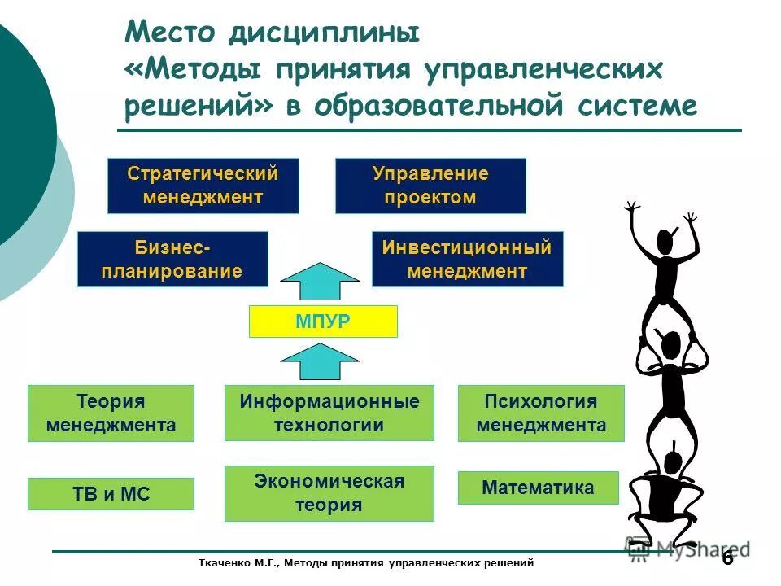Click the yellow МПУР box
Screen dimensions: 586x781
(x=322, y=321)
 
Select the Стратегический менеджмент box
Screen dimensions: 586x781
(x=203, y=186)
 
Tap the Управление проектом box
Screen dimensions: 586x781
(x=430, y=186)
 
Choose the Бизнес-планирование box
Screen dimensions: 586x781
(x=172, y=259)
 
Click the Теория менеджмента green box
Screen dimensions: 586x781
(x=111, y=413)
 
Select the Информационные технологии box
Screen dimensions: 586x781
(x=329, y=413)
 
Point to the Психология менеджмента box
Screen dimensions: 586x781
(x=541, y=413)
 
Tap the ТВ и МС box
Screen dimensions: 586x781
(x=111, y=494)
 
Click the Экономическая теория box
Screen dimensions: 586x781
(x=329, y=493)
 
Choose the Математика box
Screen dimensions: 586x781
(x=538, y=488)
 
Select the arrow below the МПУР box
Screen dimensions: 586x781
(x=324, y=361)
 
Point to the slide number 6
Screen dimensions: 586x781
(x=726, y=558)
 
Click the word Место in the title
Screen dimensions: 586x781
(x=169, y=34)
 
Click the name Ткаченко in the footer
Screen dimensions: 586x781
(x=228, y=562)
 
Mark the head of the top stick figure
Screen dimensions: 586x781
(x=666, y=241)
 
